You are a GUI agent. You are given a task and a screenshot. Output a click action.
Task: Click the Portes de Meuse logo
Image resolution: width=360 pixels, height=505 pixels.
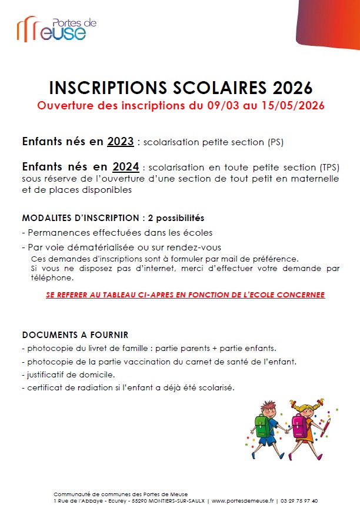pos(56,29)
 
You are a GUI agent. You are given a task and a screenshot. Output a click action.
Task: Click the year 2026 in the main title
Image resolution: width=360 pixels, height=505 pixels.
pos(292,88)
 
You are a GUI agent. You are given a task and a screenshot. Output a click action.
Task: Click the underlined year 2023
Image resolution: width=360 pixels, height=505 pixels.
pos(120,142)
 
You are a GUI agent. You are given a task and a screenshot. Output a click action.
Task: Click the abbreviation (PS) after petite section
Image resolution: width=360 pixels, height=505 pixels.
pos(276,142)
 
